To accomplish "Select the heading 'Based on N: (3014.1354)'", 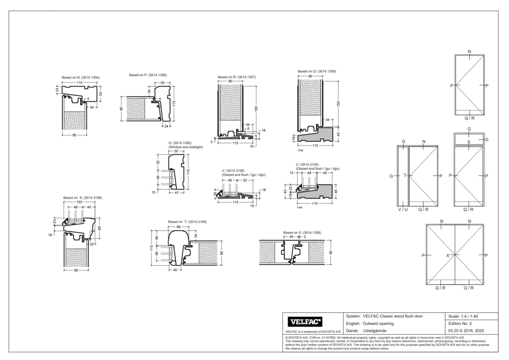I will pos(80,77).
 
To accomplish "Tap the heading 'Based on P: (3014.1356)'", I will pos(148,75).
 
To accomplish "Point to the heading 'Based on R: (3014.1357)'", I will pos(237,77).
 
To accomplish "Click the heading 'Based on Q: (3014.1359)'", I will pos(317,72).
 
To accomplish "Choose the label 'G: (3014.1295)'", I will pos(180,143).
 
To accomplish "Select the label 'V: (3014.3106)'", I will pos(233,171).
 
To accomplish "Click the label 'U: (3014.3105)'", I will pos(307,165).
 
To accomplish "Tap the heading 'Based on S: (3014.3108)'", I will pos(82,198).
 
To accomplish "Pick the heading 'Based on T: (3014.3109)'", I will pos(187,222).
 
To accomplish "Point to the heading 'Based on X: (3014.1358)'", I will pos(302,233).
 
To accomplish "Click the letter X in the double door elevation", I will pos(448,255).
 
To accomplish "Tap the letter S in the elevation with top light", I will pos(469,143).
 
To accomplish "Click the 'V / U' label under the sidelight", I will pos(403,209).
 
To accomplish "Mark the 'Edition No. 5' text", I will pos(461,323).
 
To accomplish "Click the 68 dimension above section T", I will pos(179,227).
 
